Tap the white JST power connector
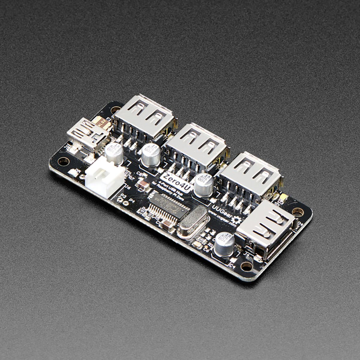(x=105, y=177)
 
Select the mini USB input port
(x=83, y=132)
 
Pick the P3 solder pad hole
(x=123, y=203)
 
